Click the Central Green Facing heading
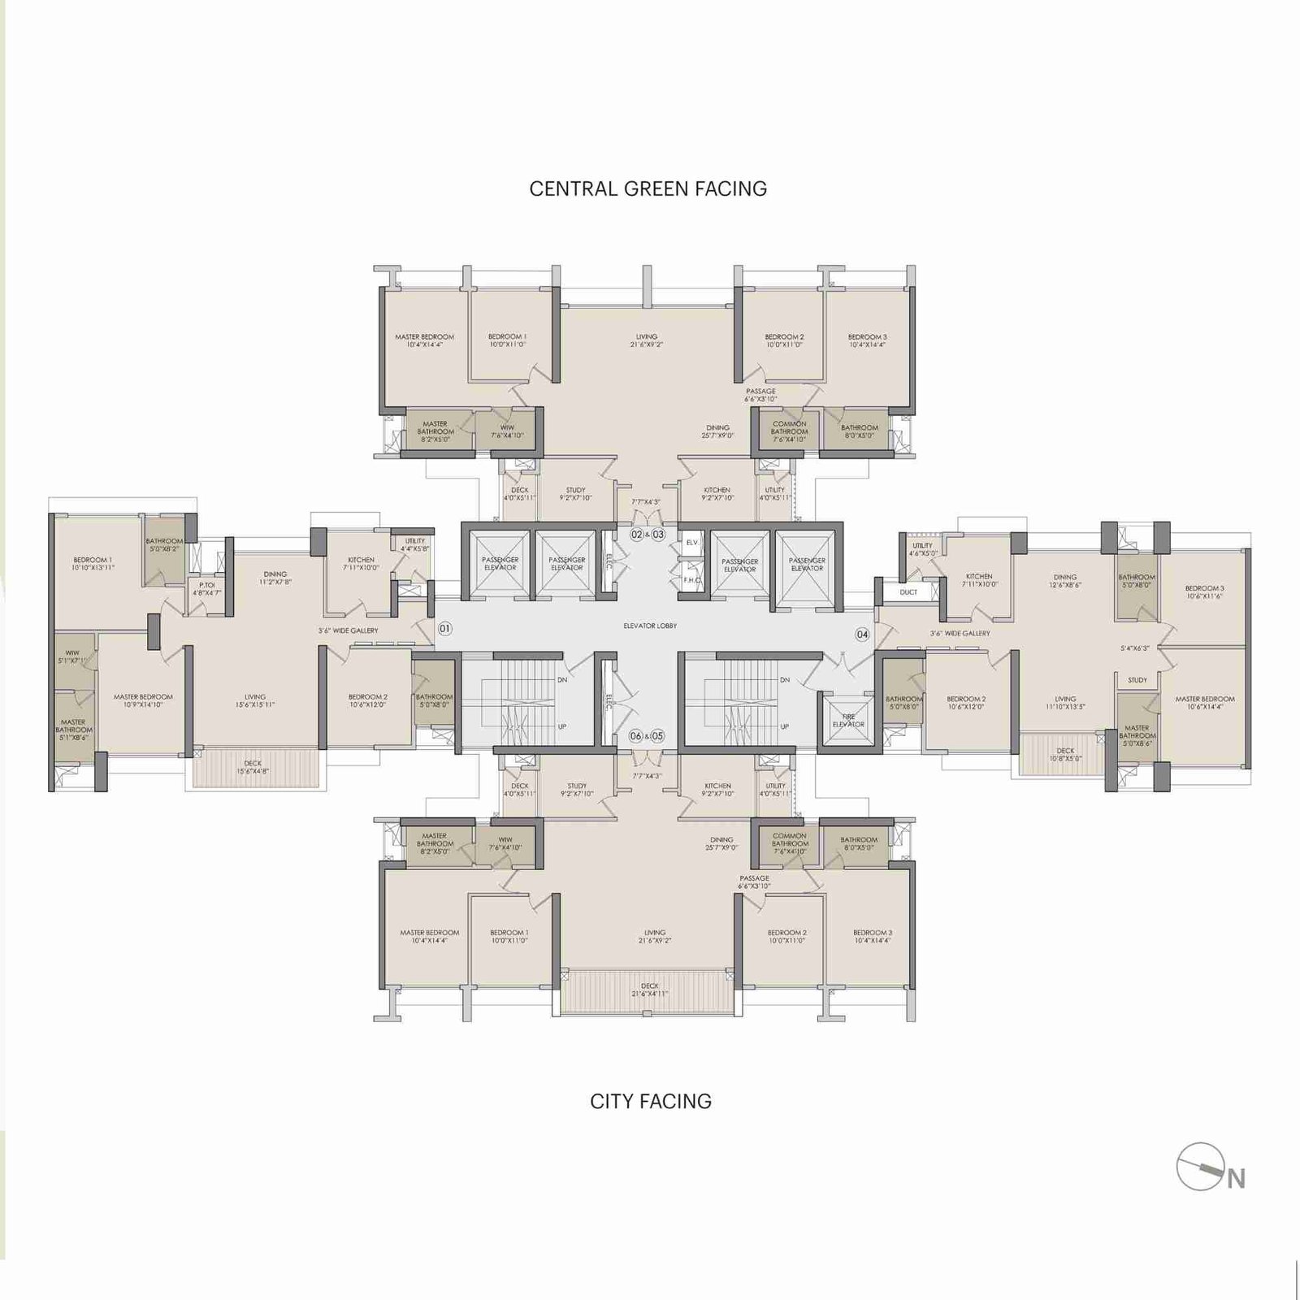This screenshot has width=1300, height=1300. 648,188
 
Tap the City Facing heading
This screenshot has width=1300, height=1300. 650,1101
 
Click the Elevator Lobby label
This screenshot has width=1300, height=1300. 650,626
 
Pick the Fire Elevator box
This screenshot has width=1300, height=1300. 848,721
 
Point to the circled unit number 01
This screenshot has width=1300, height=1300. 444,628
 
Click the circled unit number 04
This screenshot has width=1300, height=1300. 862,635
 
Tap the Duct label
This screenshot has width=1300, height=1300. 908,592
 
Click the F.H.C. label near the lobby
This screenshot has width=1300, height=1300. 691,580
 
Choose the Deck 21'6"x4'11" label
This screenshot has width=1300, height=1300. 650,990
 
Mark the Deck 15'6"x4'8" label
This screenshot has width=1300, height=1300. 253,767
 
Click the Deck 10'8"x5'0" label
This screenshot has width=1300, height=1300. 1065,755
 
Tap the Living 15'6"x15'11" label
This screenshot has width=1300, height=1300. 255,700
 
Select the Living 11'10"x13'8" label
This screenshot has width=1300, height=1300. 1065,702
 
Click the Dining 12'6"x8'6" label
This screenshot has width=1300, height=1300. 1065,580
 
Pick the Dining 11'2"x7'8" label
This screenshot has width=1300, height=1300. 275,578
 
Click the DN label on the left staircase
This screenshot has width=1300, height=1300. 561,679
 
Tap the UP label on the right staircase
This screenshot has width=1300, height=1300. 784,726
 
